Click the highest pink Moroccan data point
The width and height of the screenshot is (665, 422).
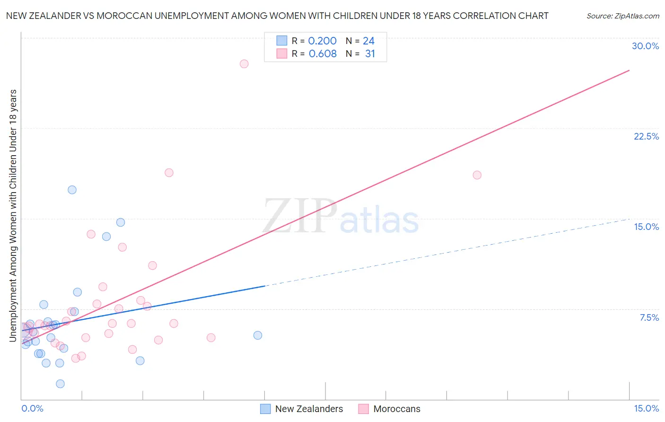244,64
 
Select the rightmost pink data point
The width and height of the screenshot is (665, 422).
477,175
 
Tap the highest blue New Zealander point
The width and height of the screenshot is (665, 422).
72,190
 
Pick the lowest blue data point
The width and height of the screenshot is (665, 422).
60,384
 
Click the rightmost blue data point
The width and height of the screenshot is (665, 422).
258,335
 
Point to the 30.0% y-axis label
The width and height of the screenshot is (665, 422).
645,46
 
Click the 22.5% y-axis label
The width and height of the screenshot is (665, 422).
646,136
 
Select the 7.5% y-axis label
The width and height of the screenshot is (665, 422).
649,317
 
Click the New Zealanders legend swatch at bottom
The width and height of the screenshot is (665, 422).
265,409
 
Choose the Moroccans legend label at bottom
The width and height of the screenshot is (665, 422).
396,409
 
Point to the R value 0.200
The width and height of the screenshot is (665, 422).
322,41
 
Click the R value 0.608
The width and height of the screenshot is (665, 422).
323,54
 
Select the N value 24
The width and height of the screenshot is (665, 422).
368,41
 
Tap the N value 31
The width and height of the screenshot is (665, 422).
370,54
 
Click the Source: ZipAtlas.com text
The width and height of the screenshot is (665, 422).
622,16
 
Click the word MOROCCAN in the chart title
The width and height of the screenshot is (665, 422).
124,16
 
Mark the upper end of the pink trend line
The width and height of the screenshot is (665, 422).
629,70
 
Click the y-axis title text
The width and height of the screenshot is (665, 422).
13,215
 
